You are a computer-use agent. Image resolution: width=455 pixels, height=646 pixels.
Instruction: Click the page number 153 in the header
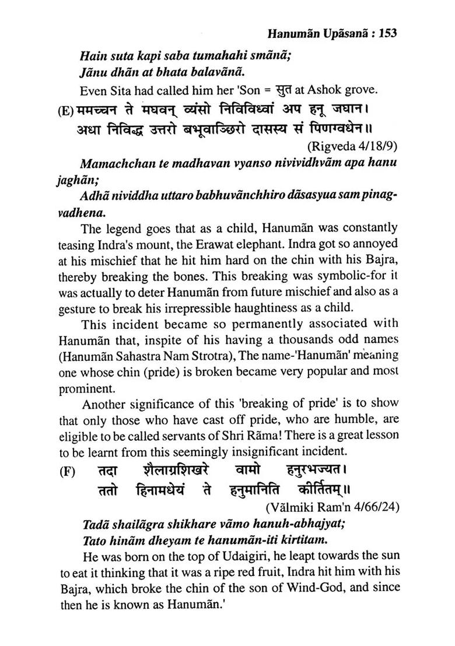pos(387,33)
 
